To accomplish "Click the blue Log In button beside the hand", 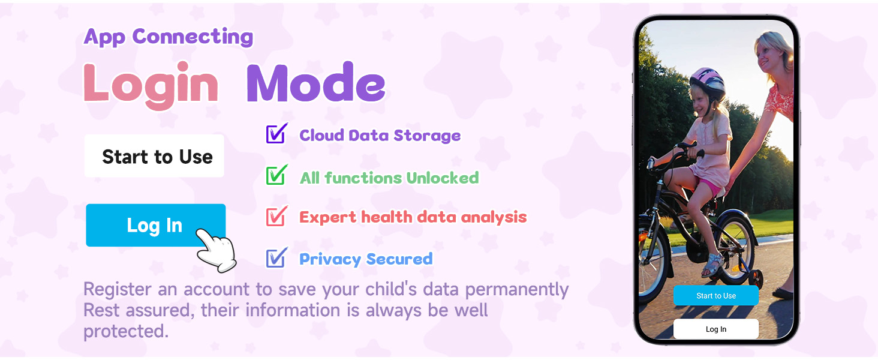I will [x=155, y=225].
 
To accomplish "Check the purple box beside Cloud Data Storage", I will [x=276, y=134].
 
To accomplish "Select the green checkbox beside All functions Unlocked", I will [x=276, y=176].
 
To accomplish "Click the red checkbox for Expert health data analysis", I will [x=276, y=216].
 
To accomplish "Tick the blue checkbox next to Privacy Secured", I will [x=276, y=257].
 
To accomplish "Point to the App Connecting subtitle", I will [x=169, y=37].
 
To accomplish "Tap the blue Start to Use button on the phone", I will [x=715, y=296].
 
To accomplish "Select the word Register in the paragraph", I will [x=118, y=289].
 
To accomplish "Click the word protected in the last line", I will [x=125, y=331].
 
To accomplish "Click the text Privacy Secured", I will [x=366, y=259].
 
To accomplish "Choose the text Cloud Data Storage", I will [x=380, y=136].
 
